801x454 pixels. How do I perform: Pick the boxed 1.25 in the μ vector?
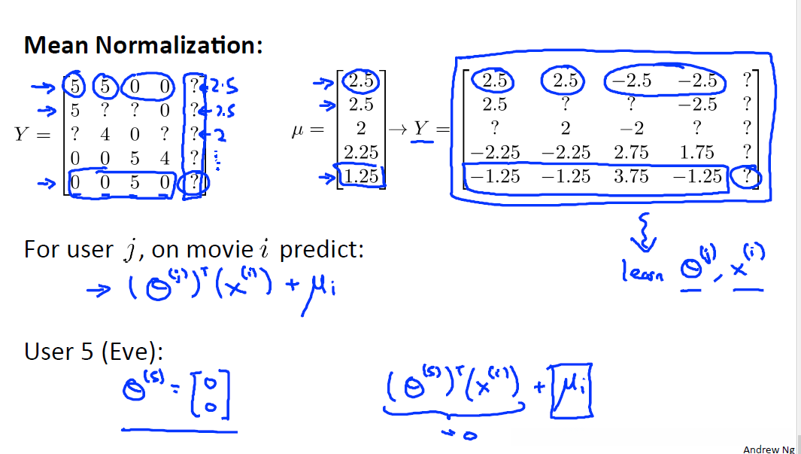(361, 176)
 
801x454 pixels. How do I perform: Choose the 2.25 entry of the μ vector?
(361, 152)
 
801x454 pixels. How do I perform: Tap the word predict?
(321, 248)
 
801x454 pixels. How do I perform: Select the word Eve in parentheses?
(134, 352)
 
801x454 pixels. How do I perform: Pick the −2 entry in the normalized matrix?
(631, 128)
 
